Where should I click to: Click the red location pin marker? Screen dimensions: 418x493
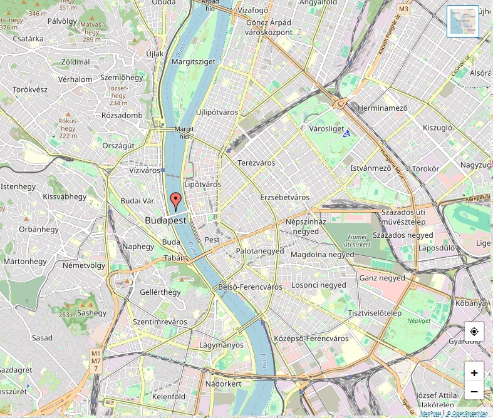[176, 201]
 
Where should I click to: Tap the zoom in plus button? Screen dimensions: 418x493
[474, 373]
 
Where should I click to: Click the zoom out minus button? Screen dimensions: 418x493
[474, 392]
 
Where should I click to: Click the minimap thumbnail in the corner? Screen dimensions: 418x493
[462, 21]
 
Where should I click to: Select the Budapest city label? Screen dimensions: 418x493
[166, 220]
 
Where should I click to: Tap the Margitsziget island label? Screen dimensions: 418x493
[194, 61]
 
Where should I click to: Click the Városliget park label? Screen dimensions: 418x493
[327, 129]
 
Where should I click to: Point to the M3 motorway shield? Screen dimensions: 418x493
[403, 9]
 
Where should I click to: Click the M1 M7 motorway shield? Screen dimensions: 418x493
[95, 361]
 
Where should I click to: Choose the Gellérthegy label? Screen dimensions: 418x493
[160, 292]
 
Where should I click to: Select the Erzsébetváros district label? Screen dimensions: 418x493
[284, 197]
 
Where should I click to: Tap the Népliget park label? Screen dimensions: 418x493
[419, 320]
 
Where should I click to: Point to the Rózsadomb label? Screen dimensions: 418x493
[122, 115]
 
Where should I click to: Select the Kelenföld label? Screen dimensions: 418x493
[169, 397]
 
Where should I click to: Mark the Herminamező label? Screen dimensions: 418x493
[382, 108]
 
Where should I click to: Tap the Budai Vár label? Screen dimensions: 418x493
[137, 201]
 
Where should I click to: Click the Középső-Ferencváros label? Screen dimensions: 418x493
[311, 339]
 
